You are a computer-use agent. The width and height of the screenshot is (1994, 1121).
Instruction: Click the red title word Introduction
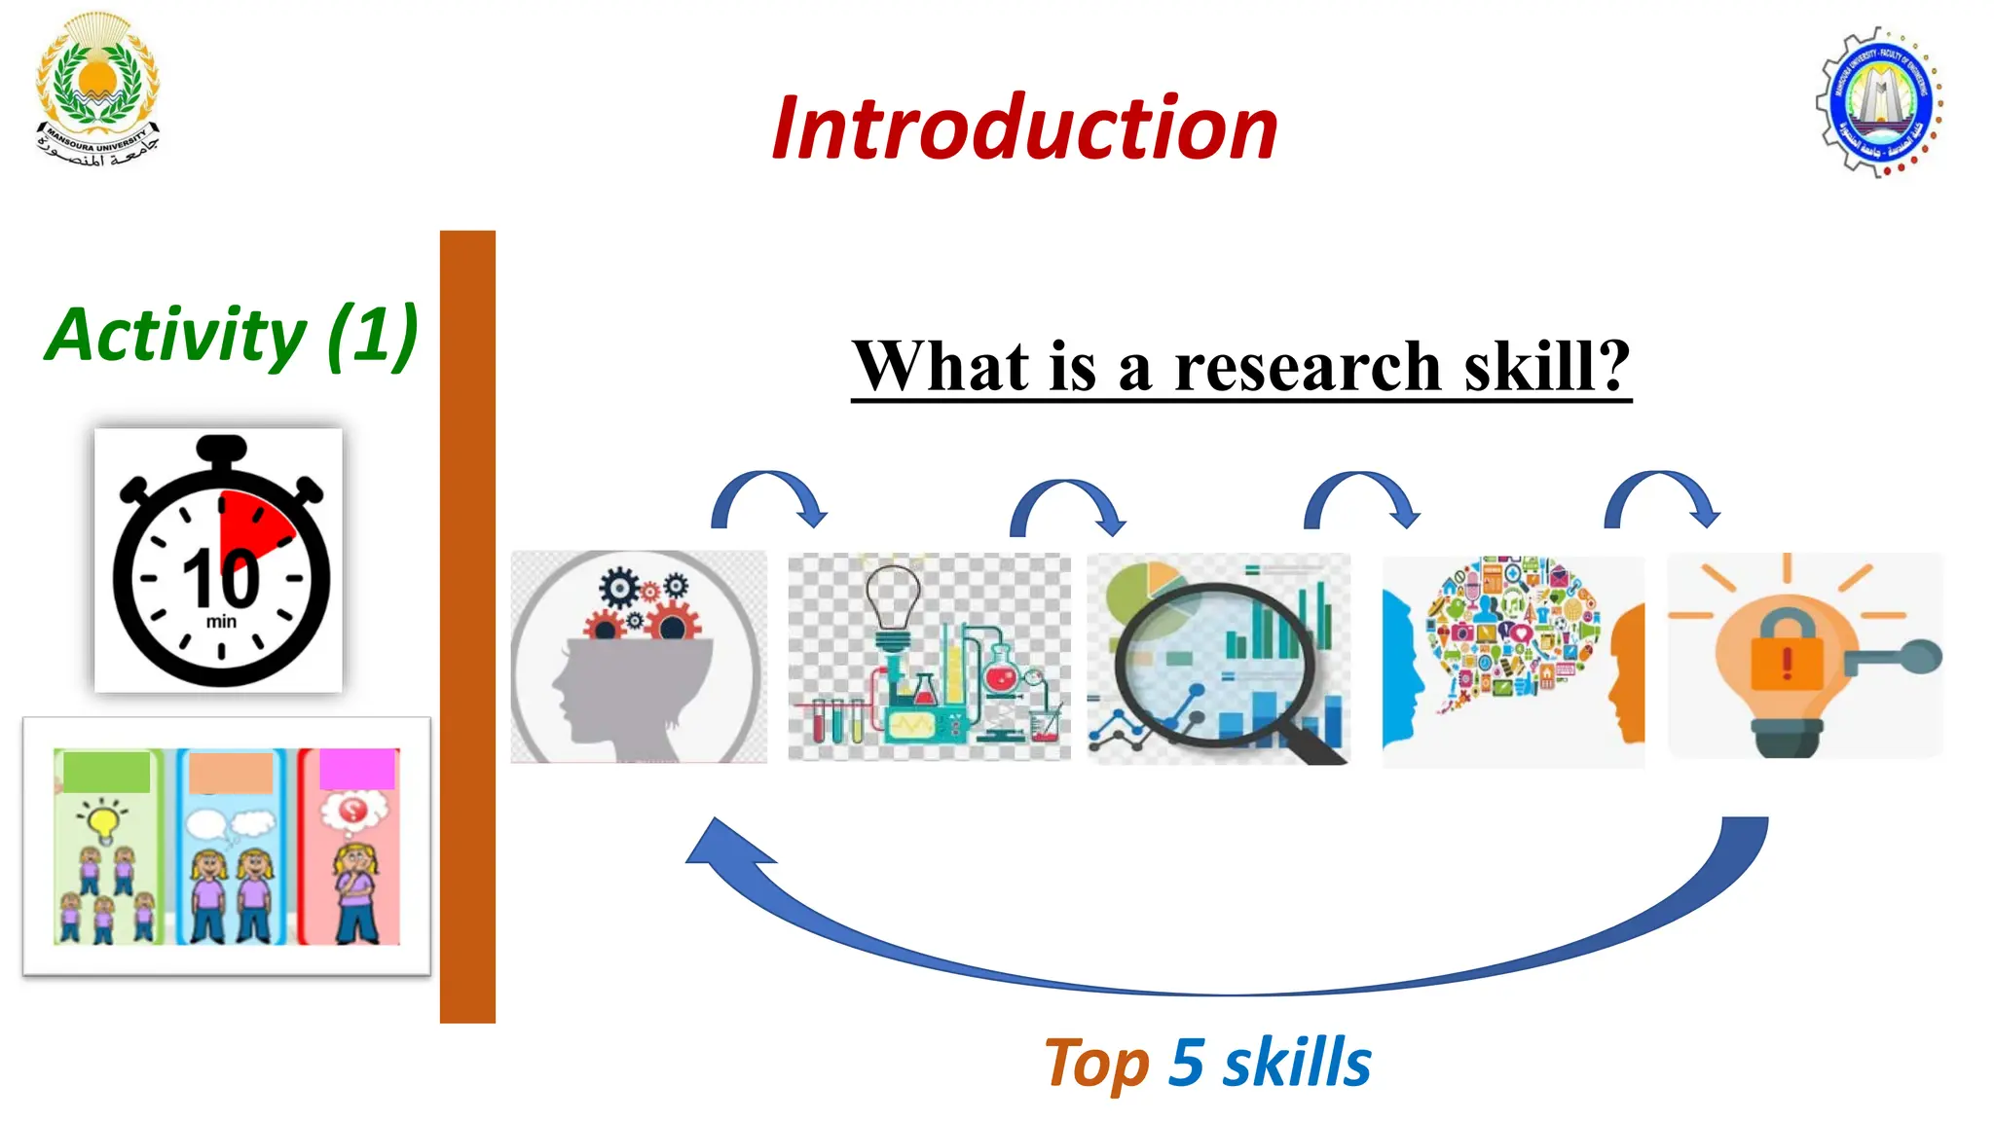coord(1024,128)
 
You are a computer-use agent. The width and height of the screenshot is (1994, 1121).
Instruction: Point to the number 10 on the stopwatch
coord(222,578)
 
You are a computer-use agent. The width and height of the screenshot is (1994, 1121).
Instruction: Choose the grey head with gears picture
coord(639,657)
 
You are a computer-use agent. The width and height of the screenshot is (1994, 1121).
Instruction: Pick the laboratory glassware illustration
coord(929,657)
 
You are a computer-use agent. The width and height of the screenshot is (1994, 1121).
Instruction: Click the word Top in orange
coord(1096,1063)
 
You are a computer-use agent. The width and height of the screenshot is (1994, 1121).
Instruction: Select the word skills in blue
coord(1297,1063)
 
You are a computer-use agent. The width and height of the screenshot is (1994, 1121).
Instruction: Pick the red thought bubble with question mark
coord(353,810)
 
